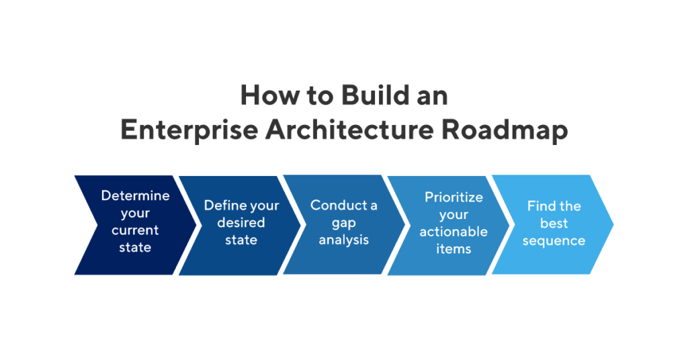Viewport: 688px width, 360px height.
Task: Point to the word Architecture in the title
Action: point(349,130)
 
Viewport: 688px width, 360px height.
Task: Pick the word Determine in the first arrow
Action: point(135,195)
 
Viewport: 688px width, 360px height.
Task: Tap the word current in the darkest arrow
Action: point(135,230)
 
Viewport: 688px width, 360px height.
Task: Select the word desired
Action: point(241,222)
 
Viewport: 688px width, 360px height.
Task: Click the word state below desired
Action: point(241,240)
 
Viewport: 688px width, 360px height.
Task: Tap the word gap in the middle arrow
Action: point(344,222)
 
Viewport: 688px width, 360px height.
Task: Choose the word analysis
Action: point(344,240)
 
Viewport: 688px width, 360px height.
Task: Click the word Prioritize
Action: point(454,197)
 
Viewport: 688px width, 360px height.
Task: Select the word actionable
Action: point(454,232)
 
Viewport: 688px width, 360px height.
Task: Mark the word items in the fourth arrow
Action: point(454,249)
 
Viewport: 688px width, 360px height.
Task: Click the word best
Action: point(554,223)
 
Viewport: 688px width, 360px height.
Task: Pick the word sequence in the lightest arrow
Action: point(554,240)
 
